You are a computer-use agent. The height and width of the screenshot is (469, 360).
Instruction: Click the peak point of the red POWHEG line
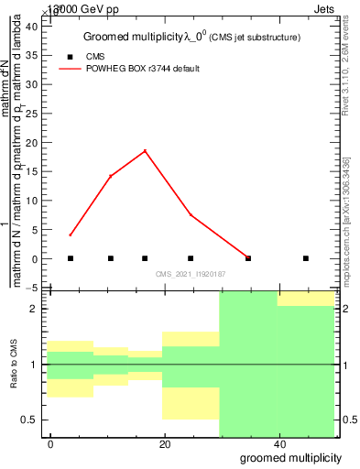(145, 151)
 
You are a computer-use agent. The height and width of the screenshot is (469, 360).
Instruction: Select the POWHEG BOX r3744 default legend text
(142, 69)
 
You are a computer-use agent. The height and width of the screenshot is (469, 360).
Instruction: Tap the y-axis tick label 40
(30, 27)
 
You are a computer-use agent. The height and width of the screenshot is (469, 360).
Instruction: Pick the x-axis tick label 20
(165, 443)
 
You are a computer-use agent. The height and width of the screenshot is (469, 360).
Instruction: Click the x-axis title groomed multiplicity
(291, 457)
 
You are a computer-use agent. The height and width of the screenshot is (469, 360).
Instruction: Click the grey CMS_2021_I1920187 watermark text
(190, 273)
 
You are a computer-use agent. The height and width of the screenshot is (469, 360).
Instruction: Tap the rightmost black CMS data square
(306, 258)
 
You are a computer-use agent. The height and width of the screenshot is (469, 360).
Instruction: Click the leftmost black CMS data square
(71, 258)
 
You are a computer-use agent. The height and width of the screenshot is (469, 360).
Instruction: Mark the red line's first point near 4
(71, 235)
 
